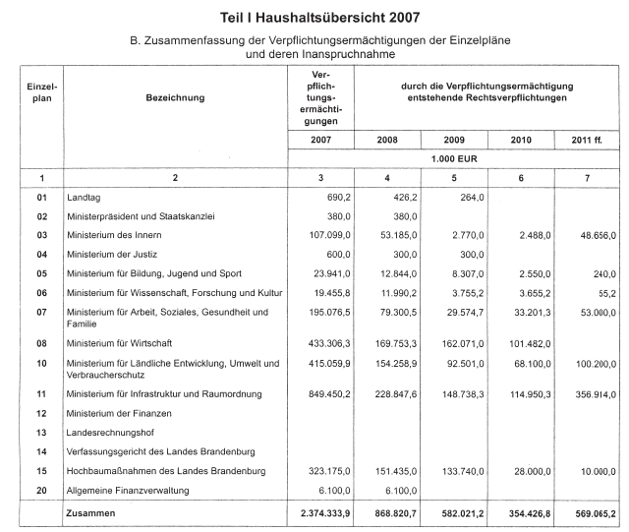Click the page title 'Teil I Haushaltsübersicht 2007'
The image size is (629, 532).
click(x=314, y=17)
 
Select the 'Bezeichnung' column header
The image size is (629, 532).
click(x=177, y=98)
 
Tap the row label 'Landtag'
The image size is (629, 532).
click(x=85, y=198)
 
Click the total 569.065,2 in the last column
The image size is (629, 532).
click(x=592, y=513)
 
